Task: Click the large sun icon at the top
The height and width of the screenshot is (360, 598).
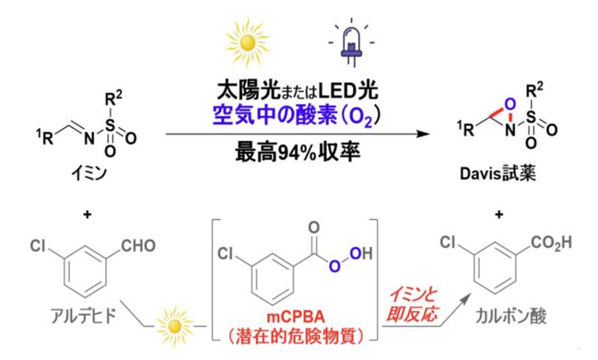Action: [x=248, y=42]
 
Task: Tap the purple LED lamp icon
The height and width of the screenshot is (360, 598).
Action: [x=351, y=42]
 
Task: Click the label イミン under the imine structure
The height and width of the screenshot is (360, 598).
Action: [x=88, y=174]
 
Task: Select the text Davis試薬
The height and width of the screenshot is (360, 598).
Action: [x=498, y=174]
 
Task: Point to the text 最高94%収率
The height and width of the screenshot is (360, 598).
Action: [x=298, y=153]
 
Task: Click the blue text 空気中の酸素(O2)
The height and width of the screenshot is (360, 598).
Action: [x=297, y=115]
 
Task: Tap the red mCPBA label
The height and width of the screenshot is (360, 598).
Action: [x=296, y=317]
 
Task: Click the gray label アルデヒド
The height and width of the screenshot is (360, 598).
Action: [x=83, y=316]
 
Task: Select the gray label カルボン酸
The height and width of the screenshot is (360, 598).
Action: [x=511, y=317]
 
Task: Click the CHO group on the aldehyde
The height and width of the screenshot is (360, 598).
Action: [x=138, y=246]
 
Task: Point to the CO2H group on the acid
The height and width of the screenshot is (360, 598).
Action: [x=552, y=243]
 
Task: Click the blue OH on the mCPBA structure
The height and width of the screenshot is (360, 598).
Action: [x=360, y=253]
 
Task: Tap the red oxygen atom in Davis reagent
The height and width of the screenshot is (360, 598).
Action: [x=510, y=104]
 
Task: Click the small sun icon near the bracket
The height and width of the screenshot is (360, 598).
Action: [x=175, y=326]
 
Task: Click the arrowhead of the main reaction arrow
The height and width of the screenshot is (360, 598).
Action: [x=423, y=134]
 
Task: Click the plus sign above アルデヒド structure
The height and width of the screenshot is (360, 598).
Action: [x=88, y=215]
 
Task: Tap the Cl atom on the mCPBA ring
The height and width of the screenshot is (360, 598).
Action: [x=225, y=253]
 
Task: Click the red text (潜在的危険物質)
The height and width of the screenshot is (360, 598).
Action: [x=296, y=336]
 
